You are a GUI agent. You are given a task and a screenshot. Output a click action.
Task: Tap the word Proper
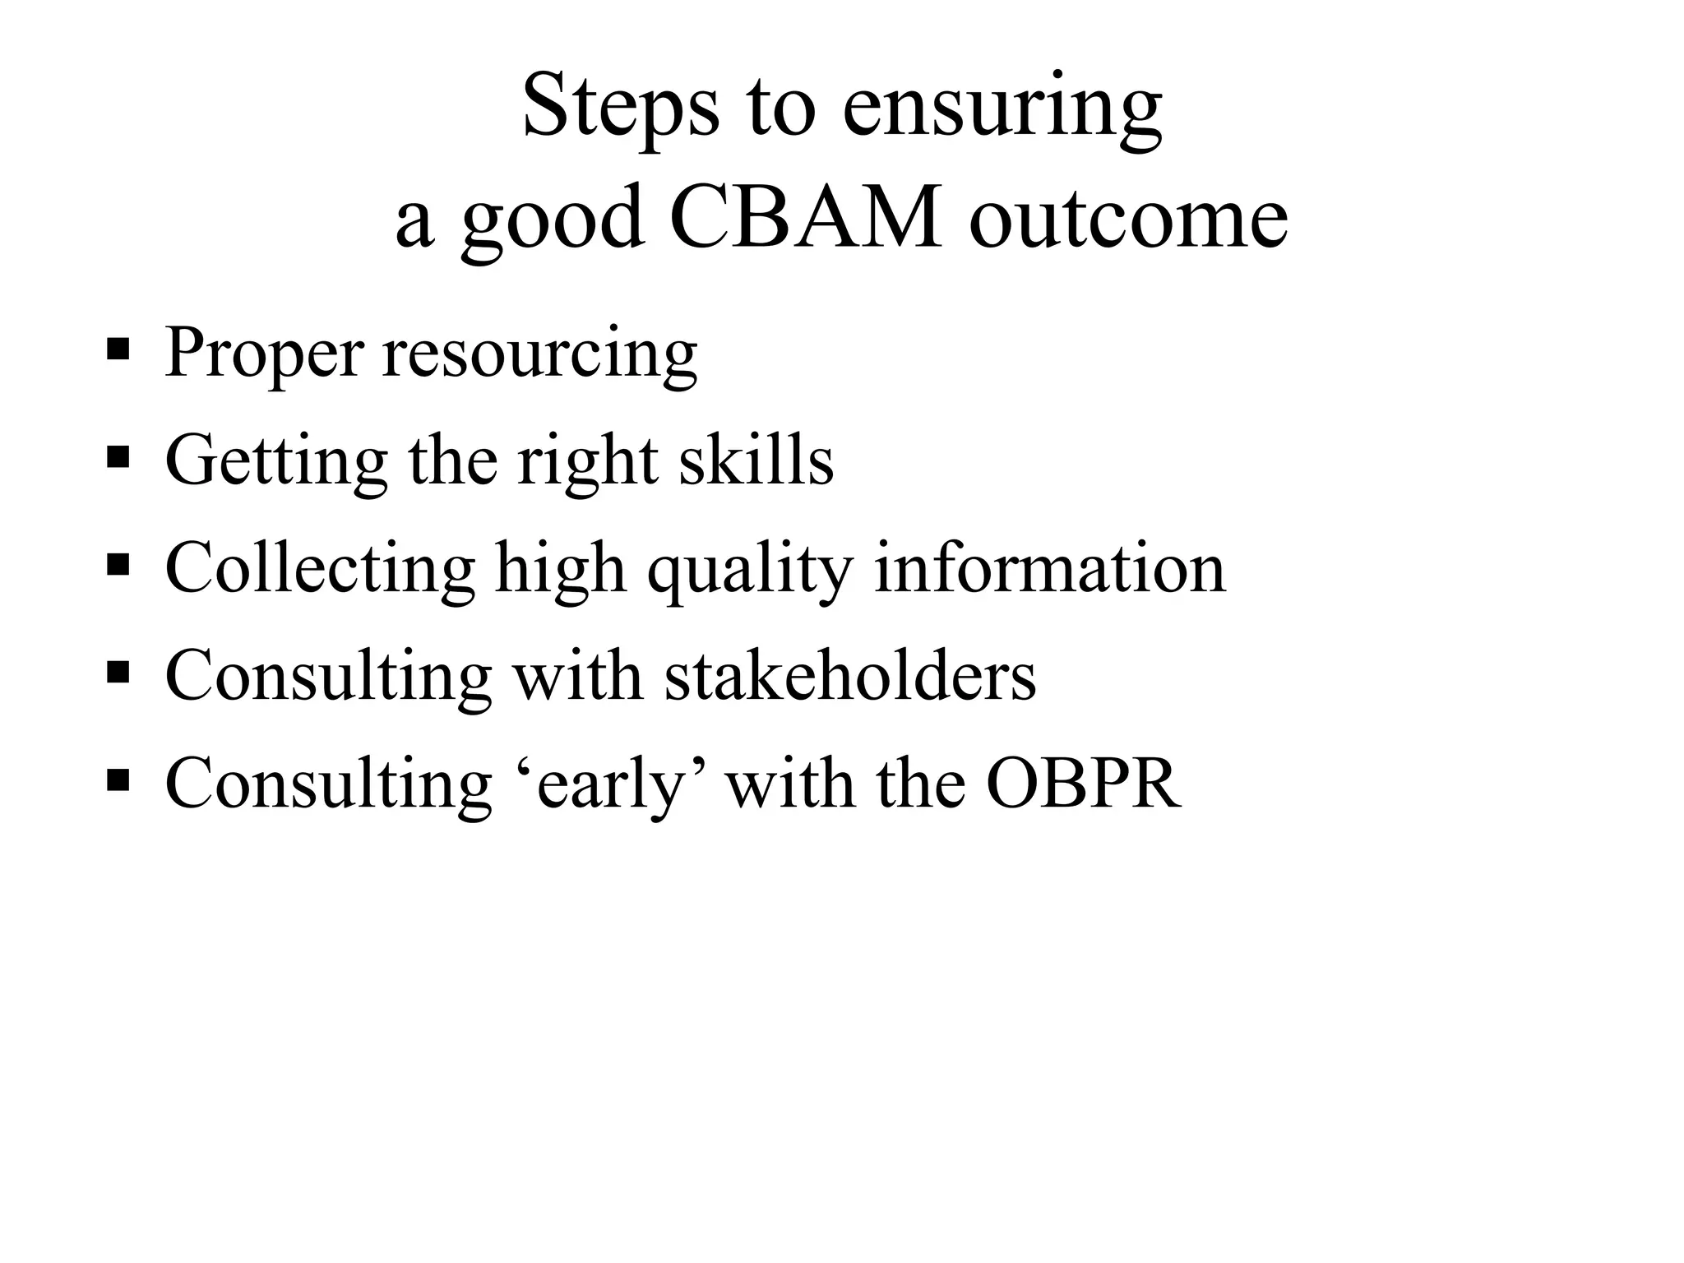pyautogui.click(x=264, y=354)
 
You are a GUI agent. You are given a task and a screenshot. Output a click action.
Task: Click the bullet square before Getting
pyautogui.click(x=118, y=456)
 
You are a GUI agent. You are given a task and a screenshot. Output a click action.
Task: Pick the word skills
pyautogui.click(x=756, y=460)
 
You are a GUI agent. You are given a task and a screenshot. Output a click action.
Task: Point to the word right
pyautogui.click(x=587, y=462)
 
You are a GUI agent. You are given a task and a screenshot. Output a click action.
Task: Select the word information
pyautogui.click(x=1049, y=568)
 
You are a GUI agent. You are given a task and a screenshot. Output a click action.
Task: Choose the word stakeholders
pyautogui.click(x=850, y=676)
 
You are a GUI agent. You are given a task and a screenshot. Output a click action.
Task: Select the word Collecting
pyautogui.click(x=320, y=570)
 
